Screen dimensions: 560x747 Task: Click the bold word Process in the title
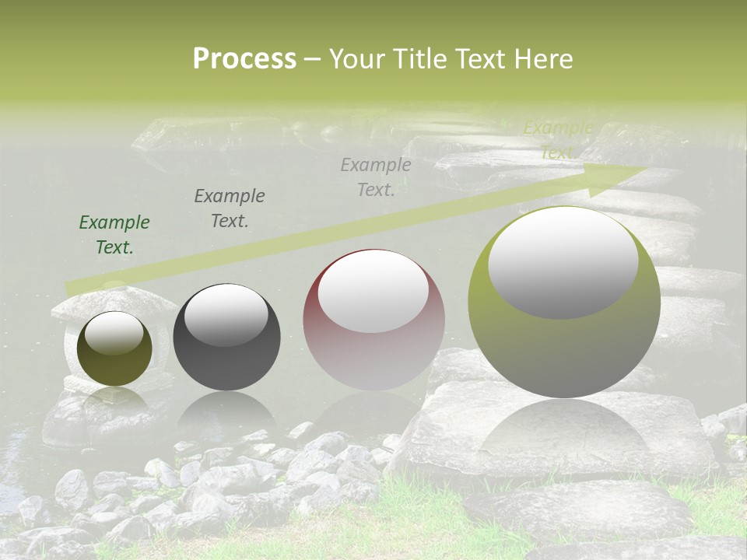(244, 59)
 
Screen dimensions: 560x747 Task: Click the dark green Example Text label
(114, 235)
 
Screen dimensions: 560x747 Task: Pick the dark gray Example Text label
(230, 208)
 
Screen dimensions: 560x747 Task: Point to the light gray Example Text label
(376, 177)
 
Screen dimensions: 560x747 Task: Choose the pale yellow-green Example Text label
(558, 140)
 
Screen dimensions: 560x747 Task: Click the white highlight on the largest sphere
(563, 263)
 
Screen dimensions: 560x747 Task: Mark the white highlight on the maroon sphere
(373, 291)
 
